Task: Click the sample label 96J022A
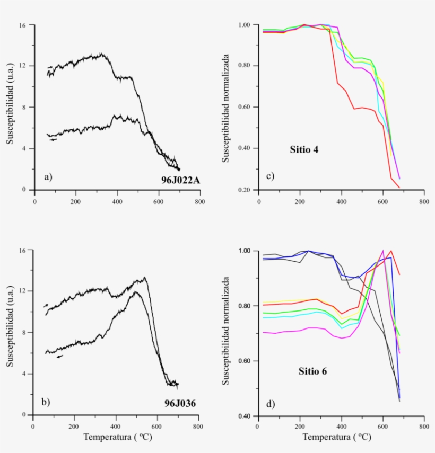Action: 180,181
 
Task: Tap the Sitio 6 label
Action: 312,371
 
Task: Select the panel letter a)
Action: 48,177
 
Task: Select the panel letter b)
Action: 46,401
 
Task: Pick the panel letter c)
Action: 269,176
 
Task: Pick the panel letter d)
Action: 270,404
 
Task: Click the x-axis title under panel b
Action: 115,438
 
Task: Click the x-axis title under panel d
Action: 336,438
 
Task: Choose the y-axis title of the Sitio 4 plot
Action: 225,107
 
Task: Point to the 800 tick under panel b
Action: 197,425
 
